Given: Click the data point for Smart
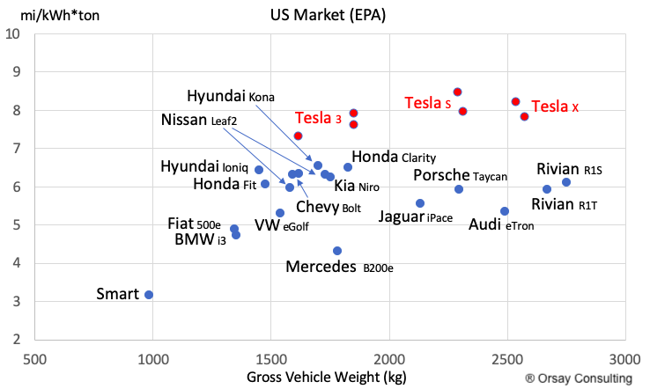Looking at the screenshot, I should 149,295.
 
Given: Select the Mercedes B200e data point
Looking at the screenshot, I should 337,251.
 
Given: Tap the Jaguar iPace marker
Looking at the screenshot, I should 420,203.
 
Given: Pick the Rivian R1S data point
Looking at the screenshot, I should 566,182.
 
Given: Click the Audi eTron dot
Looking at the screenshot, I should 505,211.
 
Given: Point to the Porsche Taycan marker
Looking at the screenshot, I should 459,189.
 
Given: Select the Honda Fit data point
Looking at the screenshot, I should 265,184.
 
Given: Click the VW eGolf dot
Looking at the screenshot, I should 280,213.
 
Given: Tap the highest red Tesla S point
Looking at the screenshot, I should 458,92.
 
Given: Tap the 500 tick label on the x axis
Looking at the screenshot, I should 34,359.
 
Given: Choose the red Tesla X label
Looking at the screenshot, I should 555,106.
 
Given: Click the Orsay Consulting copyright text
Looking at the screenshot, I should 579,378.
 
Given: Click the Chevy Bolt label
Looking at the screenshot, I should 329,207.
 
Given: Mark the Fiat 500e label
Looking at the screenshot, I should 194,224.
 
